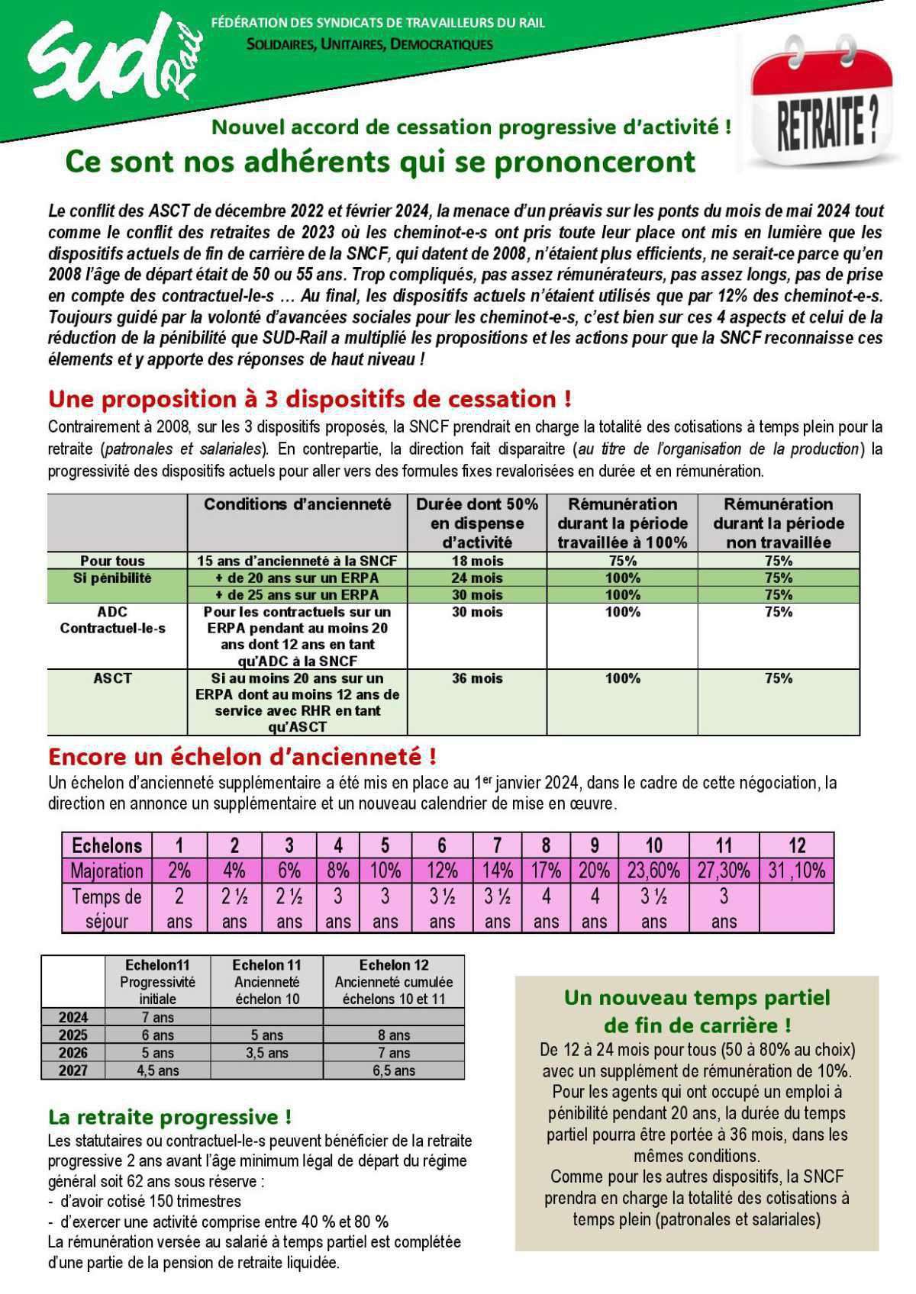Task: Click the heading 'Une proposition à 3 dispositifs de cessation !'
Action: [309, 398]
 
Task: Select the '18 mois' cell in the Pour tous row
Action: [477, 561]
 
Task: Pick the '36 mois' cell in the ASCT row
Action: [477, 678]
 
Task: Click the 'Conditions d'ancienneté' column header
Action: [297, 504]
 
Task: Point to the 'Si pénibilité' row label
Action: [112, 578]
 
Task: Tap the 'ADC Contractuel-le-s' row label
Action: [112, 620]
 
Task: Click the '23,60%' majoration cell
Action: [653, 871]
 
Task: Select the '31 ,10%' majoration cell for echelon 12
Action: [796, 871]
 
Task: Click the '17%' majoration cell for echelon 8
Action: [546, 871]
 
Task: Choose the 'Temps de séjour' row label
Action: [107, 908]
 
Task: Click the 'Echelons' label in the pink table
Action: [107, 845]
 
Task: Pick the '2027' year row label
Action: [73, 1070]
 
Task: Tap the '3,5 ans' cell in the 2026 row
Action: [266, 1053]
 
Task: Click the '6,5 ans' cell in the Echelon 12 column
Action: [393, 1070]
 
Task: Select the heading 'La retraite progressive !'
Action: [169, 1117]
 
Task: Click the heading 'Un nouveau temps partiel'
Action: [696, 998]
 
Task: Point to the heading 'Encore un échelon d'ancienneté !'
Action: [242, 757]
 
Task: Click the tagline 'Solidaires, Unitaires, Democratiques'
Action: [369, 44]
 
